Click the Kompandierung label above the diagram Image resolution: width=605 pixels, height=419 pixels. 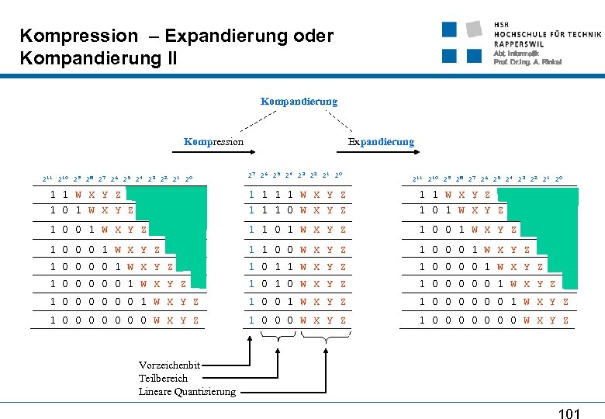[x=299, y=102]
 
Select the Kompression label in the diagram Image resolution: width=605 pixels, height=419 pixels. [x=213, y=142]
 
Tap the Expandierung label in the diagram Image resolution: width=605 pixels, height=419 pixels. [x=381, y=142]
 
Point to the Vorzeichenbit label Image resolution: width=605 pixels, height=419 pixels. [x=169, y=365]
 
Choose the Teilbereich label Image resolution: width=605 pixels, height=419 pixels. [x=163, y=378]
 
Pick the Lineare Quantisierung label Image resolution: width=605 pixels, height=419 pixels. [x=187, y=391]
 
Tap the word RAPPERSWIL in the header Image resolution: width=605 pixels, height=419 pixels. [x=520, y=43]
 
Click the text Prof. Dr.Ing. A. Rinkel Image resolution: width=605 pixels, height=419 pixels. [x=527, y=62]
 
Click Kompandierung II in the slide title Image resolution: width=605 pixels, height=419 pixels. [x=99, y=58]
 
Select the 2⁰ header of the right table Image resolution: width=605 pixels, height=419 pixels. [x=559, y=179]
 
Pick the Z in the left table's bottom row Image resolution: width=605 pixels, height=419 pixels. [x=196, y=320]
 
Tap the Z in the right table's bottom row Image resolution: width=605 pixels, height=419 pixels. [x=565, y=320]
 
